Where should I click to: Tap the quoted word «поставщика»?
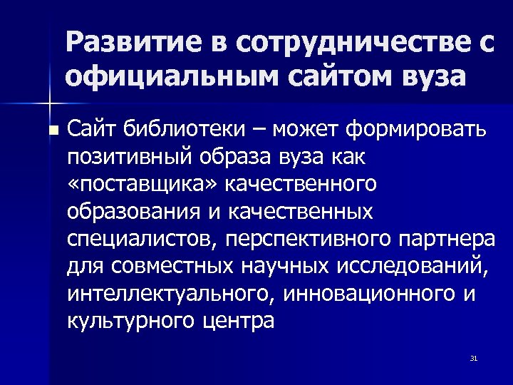[142, 184]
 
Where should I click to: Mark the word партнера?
[447, 239]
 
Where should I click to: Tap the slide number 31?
[473, 358]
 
